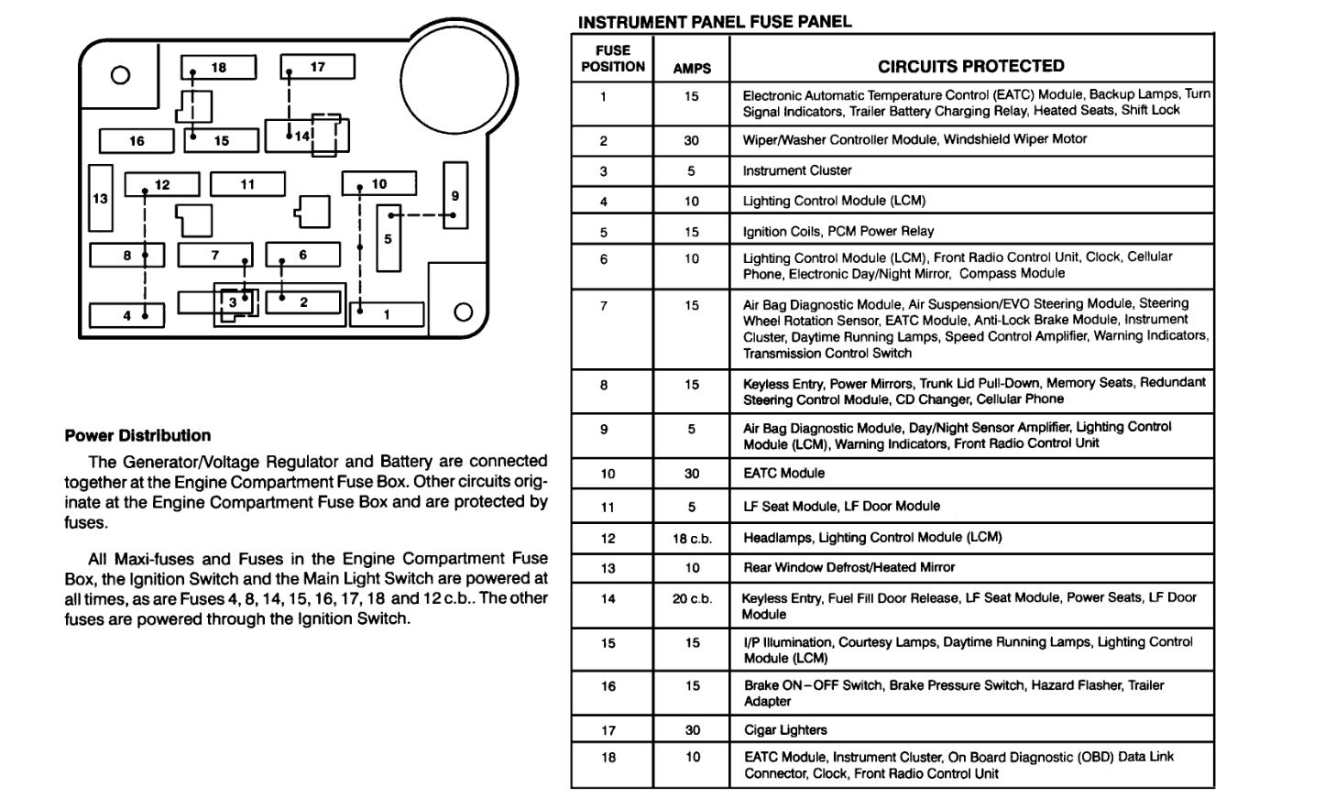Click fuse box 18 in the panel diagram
point(218,68)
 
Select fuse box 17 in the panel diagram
point(317,67)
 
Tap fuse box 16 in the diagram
point(137,141)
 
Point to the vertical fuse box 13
point(101,198)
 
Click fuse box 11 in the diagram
point(247,184)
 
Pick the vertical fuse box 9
point(454,195)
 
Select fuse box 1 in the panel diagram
point(387,314)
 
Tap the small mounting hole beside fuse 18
point(120,75)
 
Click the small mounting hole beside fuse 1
point(463,312)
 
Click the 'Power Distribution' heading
point(137,436)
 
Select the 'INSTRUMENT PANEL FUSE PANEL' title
point(715,22)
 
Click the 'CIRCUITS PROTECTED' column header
point(970,66)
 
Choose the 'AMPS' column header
point(691,69)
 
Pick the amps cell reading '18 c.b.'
point(692,539)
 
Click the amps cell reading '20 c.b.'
point(692,599)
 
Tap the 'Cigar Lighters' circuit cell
point(785,730)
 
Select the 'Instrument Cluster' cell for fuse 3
point(797,170)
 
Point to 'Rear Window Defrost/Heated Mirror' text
point(849,568)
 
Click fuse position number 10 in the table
point(608,474)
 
